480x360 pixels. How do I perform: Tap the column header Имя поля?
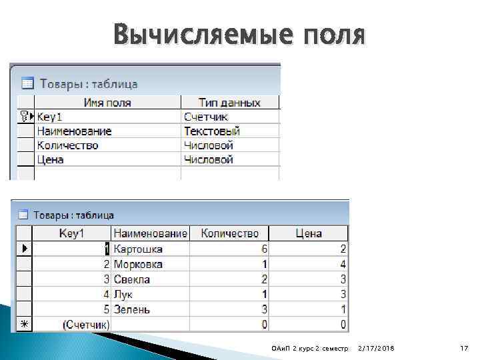[107, 103]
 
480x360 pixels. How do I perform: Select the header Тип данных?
[229, 103]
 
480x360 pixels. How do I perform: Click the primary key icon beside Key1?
[23, 117]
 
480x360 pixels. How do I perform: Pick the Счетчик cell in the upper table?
[206, 117]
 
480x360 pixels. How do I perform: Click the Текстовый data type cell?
[212, 131]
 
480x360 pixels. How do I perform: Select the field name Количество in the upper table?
[68, 145]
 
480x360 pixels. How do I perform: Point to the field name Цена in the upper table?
[51, 159]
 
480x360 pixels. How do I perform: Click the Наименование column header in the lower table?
[151, 233]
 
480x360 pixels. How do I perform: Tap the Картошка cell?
[138, 249]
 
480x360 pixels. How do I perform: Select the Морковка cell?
[138, 264]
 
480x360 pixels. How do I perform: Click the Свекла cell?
[132, 279]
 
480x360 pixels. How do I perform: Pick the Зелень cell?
[132, 309]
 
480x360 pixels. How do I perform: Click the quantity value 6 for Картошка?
[265, 249]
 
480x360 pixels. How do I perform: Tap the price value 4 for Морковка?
[343, 264]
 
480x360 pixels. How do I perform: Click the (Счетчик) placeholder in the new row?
[86, 325]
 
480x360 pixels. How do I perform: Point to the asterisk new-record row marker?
[23, 325]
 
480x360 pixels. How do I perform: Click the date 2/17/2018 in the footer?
[376, 349]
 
